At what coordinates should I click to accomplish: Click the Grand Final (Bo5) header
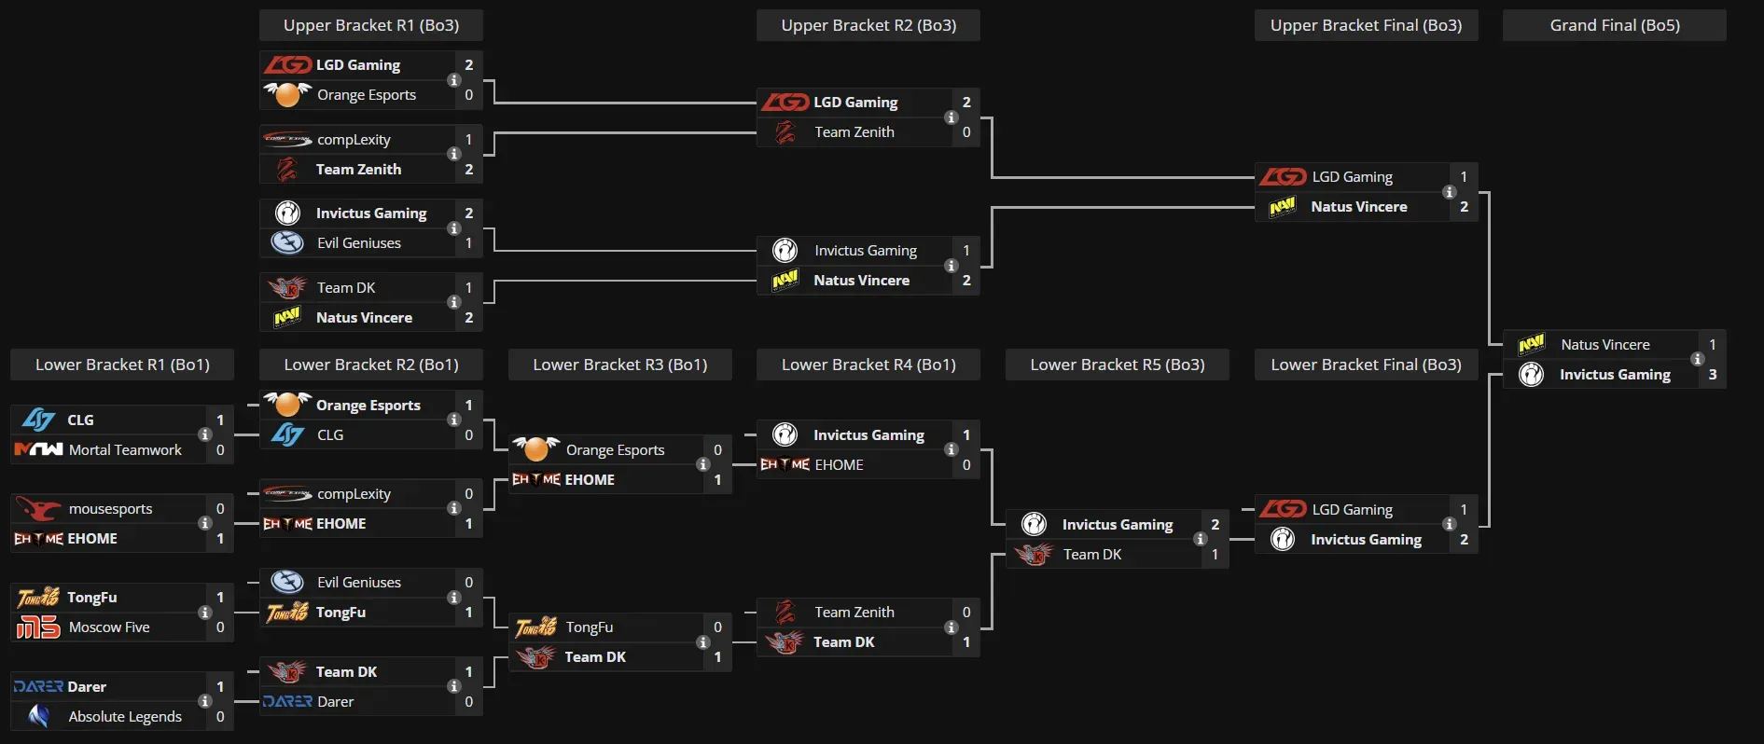pos(1614,25)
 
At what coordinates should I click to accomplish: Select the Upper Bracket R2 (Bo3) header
pos(868,25)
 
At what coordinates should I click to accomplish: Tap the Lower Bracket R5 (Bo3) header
pos(1117,365)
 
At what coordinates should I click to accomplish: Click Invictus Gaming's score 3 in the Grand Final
pos(1712,375)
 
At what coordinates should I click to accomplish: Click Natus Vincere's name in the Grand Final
pos(1604,345)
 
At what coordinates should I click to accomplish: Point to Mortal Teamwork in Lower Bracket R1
pos(125,450)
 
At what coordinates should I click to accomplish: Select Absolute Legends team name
pos(125,717)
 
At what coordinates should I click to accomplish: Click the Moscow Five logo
pos(37,627)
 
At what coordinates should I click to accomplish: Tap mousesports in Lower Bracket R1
pos(110,509)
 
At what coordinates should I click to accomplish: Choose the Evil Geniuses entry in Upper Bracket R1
pos(358,243)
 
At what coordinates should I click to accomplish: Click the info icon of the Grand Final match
pos(1697,359)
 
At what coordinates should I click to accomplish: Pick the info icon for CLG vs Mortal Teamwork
pos(204,434)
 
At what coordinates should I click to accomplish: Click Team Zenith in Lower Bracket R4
pos(854,613)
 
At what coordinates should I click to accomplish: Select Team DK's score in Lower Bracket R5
pos(1215,555)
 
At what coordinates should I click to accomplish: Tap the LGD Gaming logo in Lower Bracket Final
pos(1283,509)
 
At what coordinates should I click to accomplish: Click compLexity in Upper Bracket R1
pos(354,140)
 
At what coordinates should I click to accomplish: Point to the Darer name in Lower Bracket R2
pos(335,702)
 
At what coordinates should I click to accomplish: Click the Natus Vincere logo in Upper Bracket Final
pos(1283,207)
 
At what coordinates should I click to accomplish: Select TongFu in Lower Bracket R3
pos(589,627)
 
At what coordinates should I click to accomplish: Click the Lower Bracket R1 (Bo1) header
pos(121,365)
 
